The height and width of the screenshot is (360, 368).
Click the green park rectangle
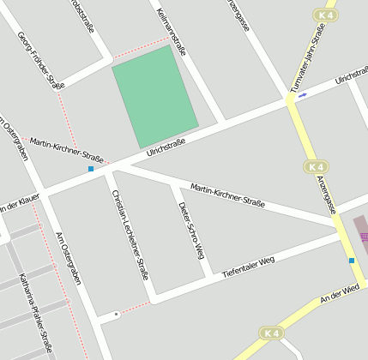click(155, 95)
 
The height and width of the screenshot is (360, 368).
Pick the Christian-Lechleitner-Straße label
click(131, 234)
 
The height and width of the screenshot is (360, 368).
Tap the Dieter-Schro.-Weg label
click(190, 229)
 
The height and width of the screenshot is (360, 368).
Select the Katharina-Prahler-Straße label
click(35, 313)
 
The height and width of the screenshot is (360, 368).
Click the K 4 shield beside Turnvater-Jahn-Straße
click(323, 15)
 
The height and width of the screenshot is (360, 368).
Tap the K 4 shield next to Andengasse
click(315, 166)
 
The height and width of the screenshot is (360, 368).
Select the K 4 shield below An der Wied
click(271, 333)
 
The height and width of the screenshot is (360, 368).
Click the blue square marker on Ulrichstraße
click(91, 169)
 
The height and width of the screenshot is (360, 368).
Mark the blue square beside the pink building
click(351, 261)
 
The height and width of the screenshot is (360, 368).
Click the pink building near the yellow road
click(360, 231)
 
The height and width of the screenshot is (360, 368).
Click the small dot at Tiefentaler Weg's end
click(117, 314)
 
